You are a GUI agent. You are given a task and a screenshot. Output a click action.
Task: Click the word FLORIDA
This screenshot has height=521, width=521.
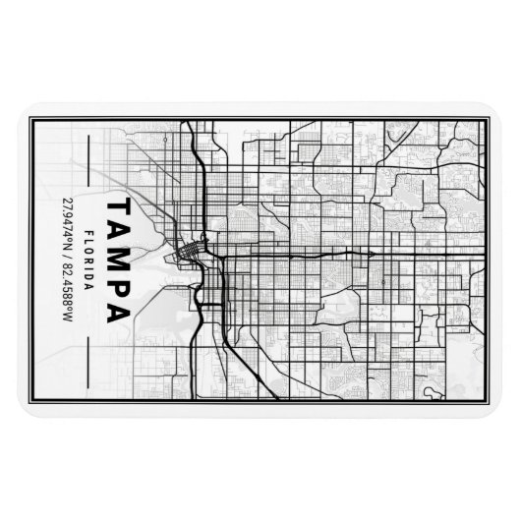[x=91, y=260]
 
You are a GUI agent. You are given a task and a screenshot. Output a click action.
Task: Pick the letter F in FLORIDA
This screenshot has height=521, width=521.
[x=91, y=232]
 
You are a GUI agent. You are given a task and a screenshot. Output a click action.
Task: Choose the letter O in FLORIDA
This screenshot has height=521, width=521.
[x=91, y=251]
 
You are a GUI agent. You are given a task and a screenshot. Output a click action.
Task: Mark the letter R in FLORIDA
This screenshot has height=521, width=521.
[x=91, y=261]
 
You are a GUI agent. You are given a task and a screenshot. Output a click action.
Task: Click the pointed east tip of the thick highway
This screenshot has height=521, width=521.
[x=373, y=253]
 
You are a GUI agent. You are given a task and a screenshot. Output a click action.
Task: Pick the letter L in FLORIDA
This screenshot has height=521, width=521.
[x=91, y=241]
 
